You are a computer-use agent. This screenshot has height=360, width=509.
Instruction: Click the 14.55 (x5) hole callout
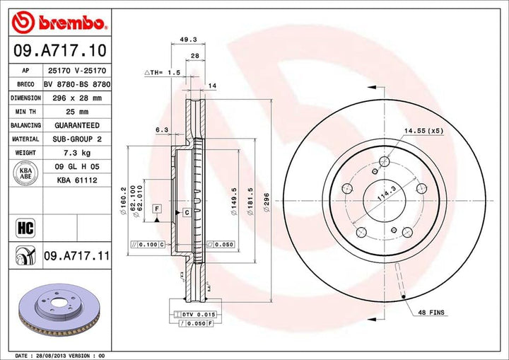tap(423, 131)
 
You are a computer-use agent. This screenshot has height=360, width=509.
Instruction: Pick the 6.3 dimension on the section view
tap(161, 129)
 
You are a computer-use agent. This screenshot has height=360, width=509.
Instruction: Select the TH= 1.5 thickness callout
tap(165, 73)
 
